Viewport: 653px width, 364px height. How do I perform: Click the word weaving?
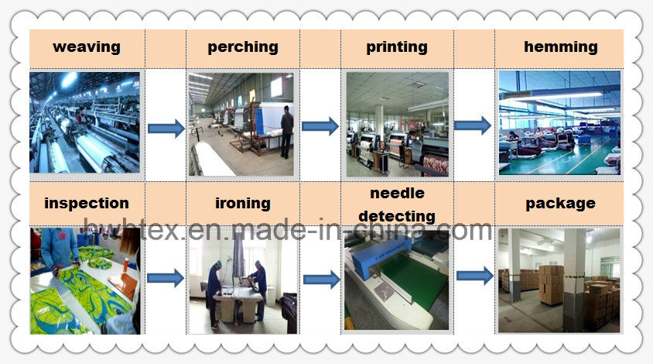(87, 47)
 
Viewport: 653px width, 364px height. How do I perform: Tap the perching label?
(243, 47)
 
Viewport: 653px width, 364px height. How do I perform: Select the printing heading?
(397, 47)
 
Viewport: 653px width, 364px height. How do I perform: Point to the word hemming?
(561, 47)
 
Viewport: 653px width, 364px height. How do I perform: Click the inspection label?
(87, 203)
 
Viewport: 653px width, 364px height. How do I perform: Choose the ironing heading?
(243, 204)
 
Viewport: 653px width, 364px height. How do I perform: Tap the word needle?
(398, 193)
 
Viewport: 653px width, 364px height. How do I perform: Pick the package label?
(561, 204)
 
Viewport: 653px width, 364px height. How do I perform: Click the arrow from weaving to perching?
(166, 128)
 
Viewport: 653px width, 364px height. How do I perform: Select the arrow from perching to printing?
(320, 126)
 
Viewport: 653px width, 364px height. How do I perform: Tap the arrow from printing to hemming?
(473, 125)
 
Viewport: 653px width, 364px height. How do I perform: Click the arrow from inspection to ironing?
(166, 278)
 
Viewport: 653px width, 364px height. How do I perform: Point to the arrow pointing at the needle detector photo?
(322, 280)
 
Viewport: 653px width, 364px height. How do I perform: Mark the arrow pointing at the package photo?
(475, 276)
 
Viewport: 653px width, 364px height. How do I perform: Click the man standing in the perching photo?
(286, 132)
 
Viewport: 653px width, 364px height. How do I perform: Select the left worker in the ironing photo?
(214, 294)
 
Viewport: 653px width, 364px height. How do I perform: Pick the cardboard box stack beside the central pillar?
(551, 284)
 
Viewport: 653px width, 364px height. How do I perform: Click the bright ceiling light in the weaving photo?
(70, 80)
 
